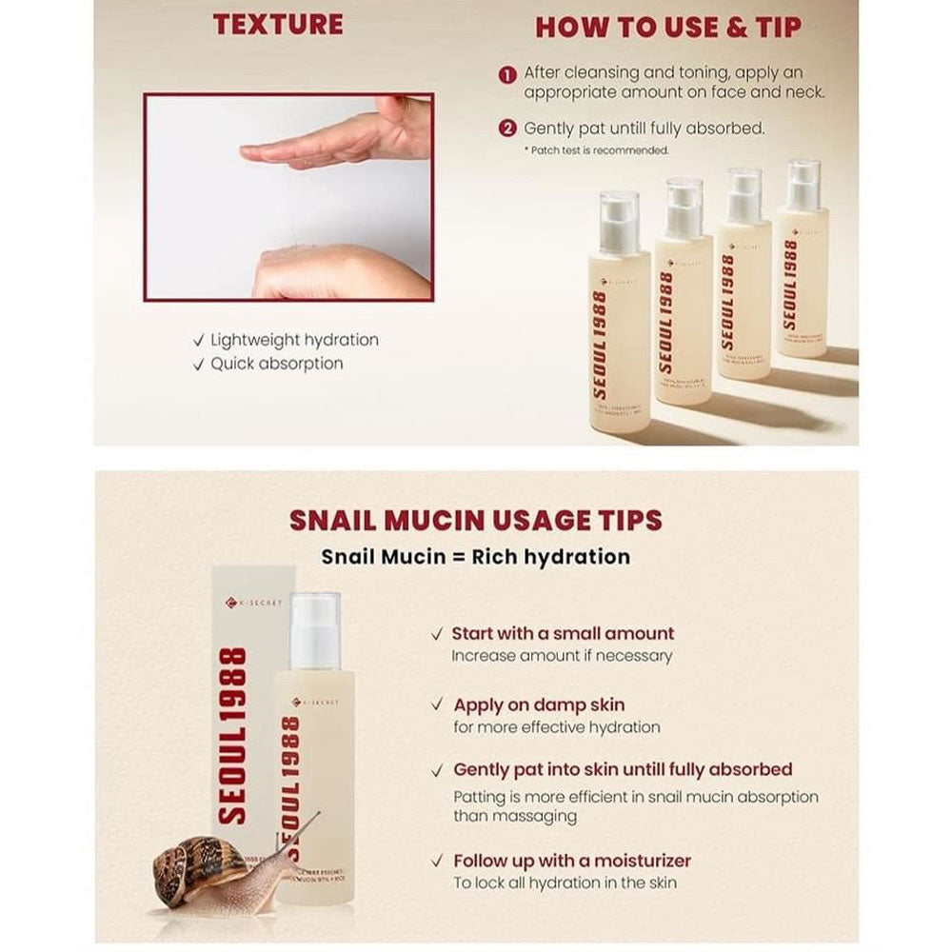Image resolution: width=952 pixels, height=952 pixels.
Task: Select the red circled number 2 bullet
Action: [508, 129]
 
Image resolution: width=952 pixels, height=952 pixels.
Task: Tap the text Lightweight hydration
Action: [293, 340]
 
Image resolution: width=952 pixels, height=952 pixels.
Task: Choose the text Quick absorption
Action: [276, 364]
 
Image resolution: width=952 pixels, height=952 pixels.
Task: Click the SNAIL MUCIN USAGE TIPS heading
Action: [476, 521]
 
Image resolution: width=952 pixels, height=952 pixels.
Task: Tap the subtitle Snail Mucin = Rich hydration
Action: [476, 557]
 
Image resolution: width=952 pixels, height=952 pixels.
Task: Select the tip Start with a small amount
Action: [563, 633]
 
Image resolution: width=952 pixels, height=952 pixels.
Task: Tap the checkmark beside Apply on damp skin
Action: [437, 705]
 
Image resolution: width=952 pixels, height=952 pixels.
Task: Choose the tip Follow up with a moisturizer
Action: [571, 862]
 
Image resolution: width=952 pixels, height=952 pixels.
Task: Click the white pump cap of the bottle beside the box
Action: [313, 628]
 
